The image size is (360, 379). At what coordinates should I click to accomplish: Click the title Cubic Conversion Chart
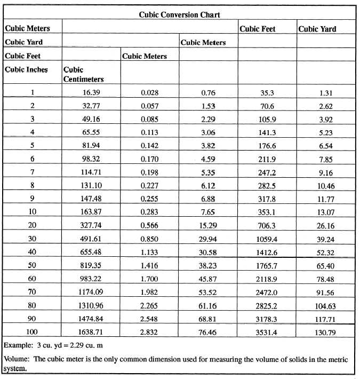179,15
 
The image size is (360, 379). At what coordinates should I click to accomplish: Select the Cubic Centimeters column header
83,74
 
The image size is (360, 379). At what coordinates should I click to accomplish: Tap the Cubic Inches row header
26,69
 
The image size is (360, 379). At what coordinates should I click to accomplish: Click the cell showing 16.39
91,92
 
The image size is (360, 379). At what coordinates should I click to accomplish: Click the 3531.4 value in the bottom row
267,331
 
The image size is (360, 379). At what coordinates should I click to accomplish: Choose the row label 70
32,291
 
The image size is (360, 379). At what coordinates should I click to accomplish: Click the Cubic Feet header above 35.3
257,29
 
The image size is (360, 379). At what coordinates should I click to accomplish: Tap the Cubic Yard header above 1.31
317,29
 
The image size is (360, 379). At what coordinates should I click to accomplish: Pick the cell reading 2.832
149,331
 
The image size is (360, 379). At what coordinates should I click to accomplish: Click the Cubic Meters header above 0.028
145,56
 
